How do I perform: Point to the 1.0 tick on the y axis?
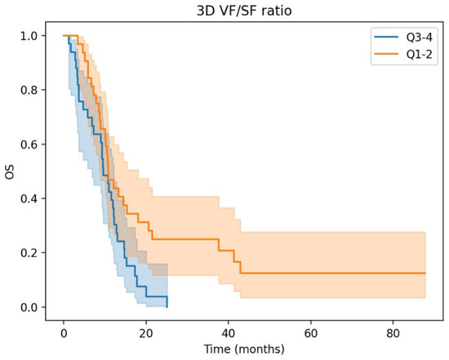28,36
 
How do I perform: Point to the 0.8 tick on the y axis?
28,90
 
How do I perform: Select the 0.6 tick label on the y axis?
28,144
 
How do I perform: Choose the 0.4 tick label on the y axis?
28,198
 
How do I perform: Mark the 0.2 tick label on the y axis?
28,253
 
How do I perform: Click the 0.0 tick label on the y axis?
28,307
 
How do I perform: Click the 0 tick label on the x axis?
64,331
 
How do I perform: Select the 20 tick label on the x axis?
146,331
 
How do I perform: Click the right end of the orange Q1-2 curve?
425,273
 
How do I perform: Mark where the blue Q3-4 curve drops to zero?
167,307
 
